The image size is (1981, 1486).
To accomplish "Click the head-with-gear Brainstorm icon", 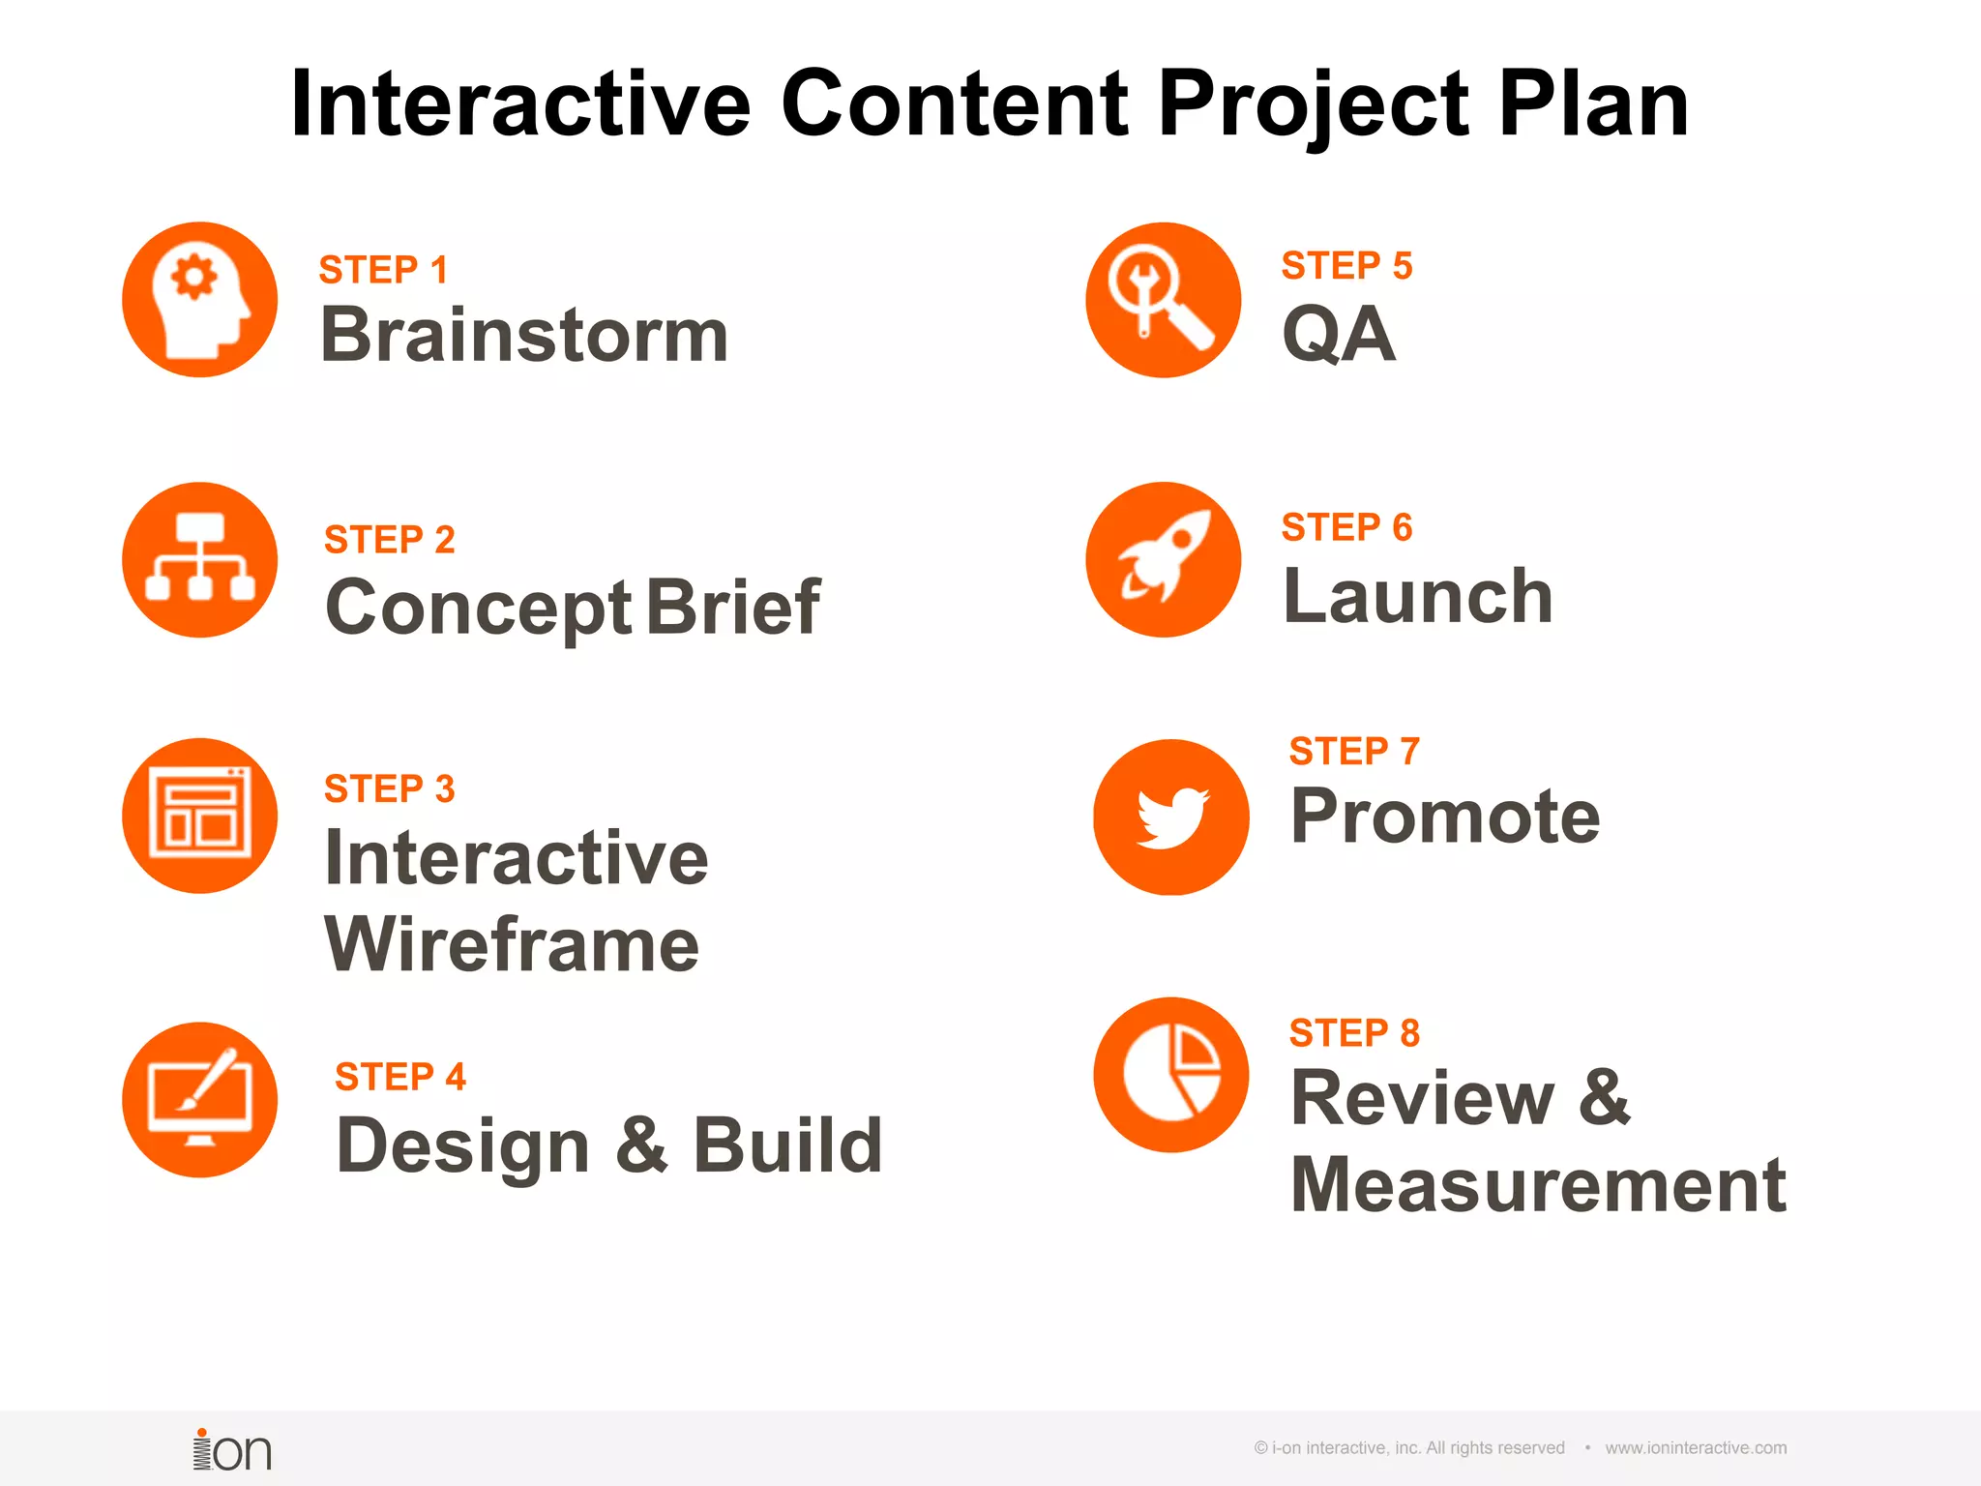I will tap(199, 300).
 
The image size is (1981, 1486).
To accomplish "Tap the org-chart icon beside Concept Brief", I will tap(199, 560).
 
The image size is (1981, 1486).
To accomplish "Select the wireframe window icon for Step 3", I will tap(199, 816).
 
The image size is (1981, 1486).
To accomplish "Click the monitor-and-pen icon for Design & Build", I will tap(199, 1100).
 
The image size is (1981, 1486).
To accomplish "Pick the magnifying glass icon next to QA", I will tap(1163, 300).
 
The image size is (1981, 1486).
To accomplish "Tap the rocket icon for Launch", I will tap(1163, 560).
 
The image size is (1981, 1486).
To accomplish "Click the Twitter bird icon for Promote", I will tap(1170, 817).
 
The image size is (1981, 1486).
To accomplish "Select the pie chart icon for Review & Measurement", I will tap(1170, 1075).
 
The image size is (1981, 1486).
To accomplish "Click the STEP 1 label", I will tap(383, 270).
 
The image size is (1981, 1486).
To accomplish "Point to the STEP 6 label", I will tap(1346, 527).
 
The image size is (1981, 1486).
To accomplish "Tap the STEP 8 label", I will tap(1354, 1033).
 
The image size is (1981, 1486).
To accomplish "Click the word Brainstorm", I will tap(523, 335).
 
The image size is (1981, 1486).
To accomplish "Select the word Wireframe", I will tap(512, 945).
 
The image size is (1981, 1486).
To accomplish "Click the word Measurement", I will tap(1538, 1185).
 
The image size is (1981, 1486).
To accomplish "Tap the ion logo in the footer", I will tap(232, 1450).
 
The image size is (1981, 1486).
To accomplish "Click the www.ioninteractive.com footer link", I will tap(1695, 1448).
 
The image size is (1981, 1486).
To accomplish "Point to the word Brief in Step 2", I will tap(732, 608).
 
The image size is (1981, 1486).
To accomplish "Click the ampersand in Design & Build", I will tap(641, 1144).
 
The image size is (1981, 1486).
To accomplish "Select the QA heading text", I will tap(1339, 335).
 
